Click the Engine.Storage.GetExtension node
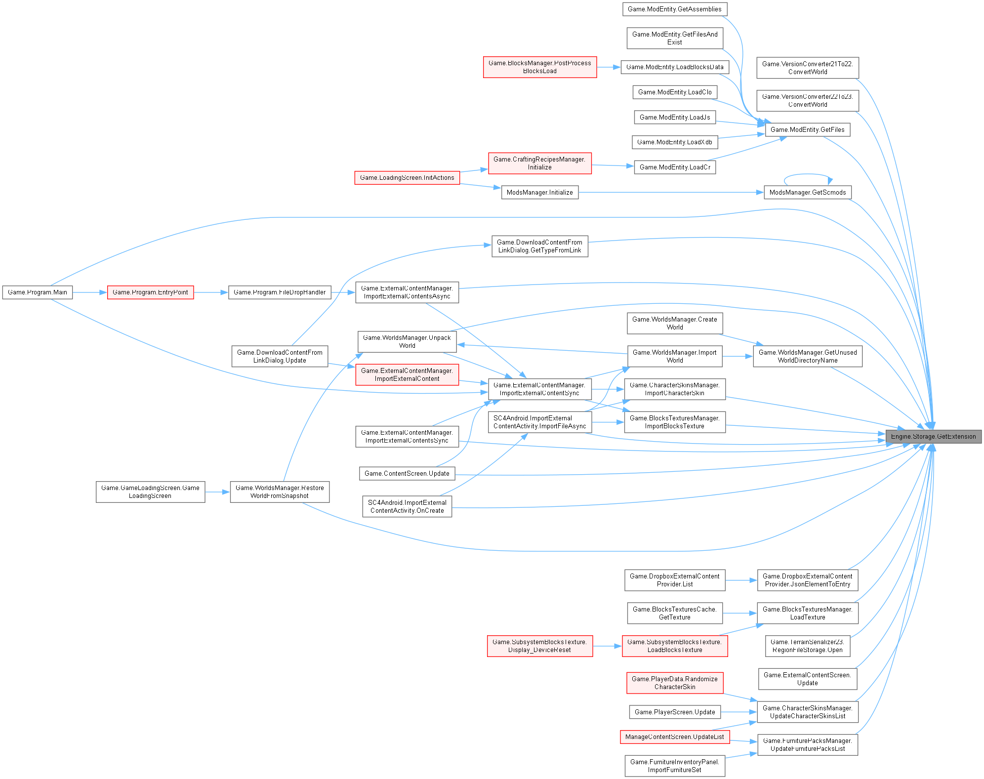[x=933, y=437]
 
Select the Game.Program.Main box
[x=38, y=292]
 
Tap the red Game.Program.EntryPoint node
[x=150, y=292]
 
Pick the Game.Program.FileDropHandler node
[x=280, y=292]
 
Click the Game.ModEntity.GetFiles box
[x=807, y=130]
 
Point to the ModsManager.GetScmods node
[x=807, y=193]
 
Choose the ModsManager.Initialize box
[x=539, y=193]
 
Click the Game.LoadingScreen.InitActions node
[x=407, y=178]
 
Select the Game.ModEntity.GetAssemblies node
[x=674, y=9]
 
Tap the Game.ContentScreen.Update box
[x=407, y=474]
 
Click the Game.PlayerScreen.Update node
[x=675, y=712]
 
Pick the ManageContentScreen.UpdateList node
[x=674, y=737]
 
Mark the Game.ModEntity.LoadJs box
[x=675, y=118]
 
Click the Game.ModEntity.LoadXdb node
[x=674, y=142]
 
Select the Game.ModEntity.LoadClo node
[x=675, y=92]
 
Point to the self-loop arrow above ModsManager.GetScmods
[x=808, y=174]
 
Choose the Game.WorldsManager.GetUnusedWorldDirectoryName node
[x=807, y=356]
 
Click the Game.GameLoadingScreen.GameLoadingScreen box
[x=150, y=492]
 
